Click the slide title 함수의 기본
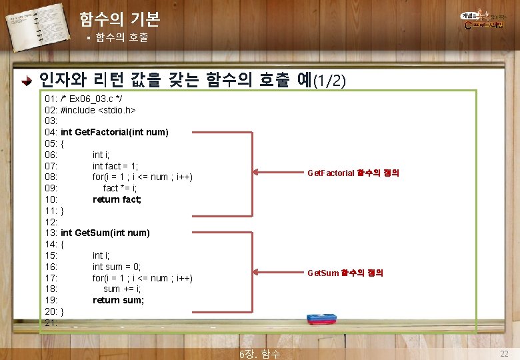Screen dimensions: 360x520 tap(119, 19)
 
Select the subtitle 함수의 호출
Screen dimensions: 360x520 tap(121, 38)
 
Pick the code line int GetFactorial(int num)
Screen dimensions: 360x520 tap(114, 132)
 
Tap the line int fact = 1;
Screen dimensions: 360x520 tap(115, 165)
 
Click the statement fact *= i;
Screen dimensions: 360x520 tap(120, 188)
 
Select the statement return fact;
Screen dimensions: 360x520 tap(117, 199)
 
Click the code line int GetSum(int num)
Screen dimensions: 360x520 tap(105, 233)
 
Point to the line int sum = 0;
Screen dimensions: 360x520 tap(117, 267)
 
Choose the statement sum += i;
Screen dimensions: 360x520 tap(122, 289)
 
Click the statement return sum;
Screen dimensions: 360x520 tap(119, 300)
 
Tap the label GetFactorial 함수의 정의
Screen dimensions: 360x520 tap(353, 173)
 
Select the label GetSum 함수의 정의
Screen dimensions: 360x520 tap(345, 273)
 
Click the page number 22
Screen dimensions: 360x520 tap(504, 353)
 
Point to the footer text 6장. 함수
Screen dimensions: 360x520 tap(259, 354)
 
